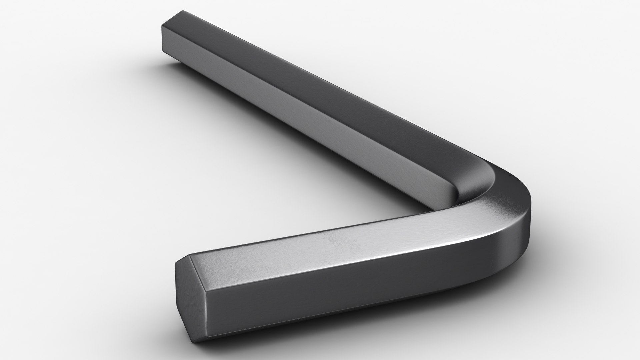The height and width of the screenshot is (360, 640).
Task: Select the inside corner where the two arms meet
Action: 433,209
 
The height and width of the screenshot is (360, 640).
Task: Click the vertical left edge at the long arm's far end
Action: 162,38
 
